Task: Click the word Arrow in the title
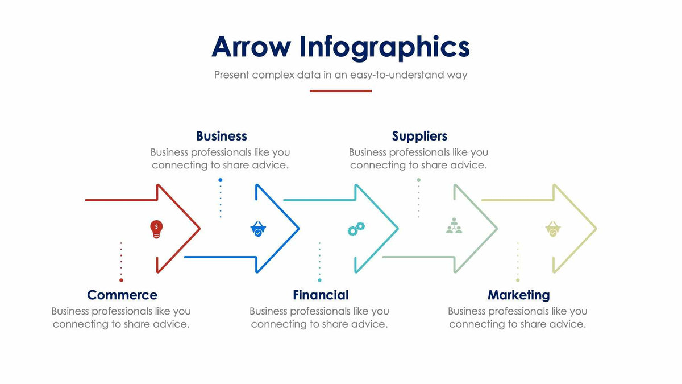pos(251,47)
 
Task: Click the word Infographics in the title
pos(385,48)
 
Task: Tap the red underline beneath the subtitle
pos(340,91)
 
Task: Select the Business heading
pos(221,136)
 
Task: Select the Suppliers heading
pos(419,136)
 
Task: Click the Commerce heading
pos(122,295)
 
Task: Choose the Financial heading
pos(321,295)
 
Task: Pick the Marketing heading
pos(518,295)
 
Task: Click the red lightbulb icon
pos(156,229)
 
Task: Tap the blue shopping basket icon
pos(258,229)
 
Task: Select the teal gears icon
pos(356,229)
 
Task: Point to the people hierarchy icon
pos(454,226)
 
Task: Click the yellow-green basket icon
pos(553,229)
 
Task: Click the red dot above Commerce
pos(121,280)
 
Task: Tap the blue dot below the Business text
pos(221,180)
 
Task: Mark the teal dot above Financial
pos(319,280)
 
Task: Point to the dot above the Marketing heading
pos(518,280)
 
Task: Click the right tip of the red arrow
pos(199,229)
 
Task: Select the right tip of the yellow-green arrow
pos(596,229)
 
